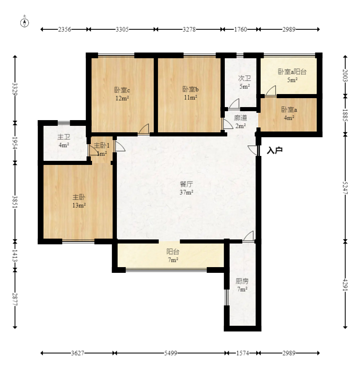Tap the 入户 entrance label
pyautogui.click(x=274, y=150)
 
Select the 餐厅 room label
pyautogui.click(x=187, y=184)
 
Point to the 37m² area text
pyautogui.click(x=187, y=192)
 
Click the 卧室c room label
pyautogui.click(x=122, y=90)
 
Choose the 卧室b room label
pyautogui.click(x=191, y=89)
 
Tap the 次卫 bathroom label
pyautogui.click(x=244, y=78)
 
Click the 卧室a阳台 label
pyautogui.click(x=292, y=72)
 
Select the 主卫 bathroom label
pyautogui.click(x=64, y=137)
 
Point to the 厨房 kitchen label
pyautogui.click(x=242, y=281)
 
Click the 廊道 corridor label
pyautogui.click(x=240, y=118)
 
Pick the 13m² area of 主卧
pyautogui.click(x=79, y=205)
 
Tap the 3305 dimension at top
pyautogui.click(x=122, y=29)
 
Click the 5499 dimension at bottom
pyautogui.click(x=171, y=353)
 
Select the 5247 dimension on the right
pyautogui.click(x=345, y=188)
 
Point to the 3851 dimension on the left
pyautogui.click(x=15, y=202)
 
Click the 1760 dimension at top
pyautogui.click(x=241, y=29)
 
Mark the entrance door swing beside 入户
pyautogui.click(x=253, y=150)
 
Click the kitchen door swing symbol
pyautogui.click(x=248, y=236)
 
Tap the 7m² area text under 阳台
pyautogui.click(x=173, y=260)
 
